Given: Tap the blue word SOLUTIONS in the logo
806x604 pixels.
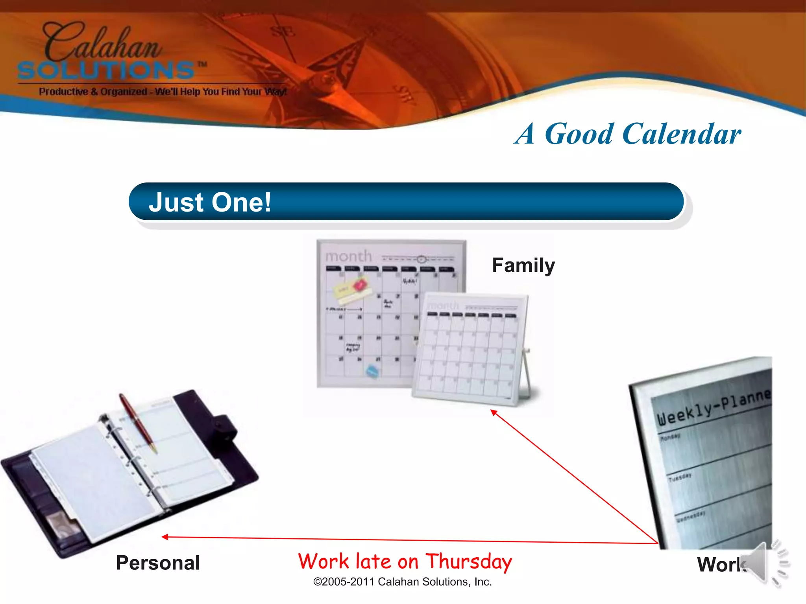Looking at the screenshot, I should [106, 71].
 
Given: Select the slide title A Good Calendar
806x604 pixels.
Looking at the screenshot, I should [628, 134].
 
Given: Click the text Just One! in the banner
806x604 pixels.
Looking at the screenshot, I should [210, 202].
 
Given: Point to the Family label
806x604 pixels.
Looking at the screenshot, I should [523, 265].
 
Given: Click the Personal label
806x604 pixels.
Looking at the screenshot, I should [158, 563].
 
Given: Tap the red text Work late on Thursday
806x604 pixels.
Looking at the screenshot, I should [405, 562].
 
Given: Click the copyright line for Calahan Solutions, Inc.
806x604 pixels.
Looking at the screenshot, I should [402, 582].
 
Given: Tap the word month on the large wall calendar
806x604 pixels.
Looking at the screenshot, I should [348, 256].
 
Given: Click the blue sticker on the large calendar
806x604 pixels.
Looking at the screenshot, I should [372, 371].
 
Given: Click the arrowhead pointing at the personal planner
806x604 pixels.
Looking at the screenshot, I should [165, 537].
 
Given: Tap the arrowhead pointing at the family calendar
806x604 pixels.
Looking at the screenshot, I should [494, 412].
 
